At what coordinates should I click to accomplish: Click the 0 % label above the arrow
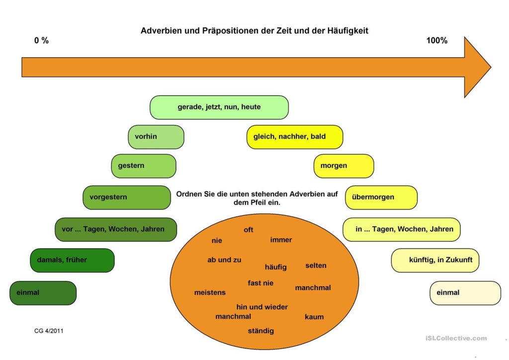click(x=41, y=41)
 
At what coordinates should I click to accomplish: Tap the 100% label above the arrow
click(x=436, y=41)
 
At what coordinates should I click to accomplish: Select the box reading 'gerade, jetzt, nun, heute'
click(x=219, y=107)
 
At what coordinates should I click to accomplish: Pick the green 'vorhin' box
click(x=156, y=137)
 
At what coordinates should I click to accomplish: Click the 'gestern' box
click(x=144, y=166)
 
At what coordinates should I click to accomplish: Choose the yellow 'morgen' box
click(x=343, y=166)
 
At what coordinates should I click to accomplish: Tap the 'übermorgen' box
click(x=381, y=197)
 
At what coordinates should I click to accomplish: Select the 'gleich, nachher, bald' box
click(x=295, y=137)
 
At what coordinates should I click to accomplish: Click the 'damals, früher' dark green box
click(x=72, y=260)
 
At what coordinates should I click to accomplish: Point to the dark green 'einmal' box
click(x=43, y=293)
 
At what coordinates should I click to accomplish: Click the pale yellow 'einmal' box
click(x=465, y=293)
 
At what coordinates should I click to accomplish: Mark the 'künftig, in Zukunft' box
click(x=435, y=260)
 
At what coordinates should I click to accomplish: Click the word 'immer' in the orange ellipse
click(x=281, y=240)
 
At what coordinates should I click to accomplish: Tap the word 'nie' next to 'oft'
click(x=217, y=241)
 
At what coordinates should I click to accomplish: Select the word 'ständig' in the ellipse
click(x=261, y=331)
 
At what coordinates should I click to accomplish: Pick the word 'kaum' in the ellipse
click(x=314, y=317)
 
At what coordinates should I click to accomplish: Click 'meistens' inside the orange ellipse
click(x=210, y=292)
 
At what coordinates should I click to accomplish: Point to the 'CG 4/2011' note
click(x=49, y=331)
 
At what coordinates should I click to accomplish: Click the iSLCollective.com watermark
click(x=456, y=338)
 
